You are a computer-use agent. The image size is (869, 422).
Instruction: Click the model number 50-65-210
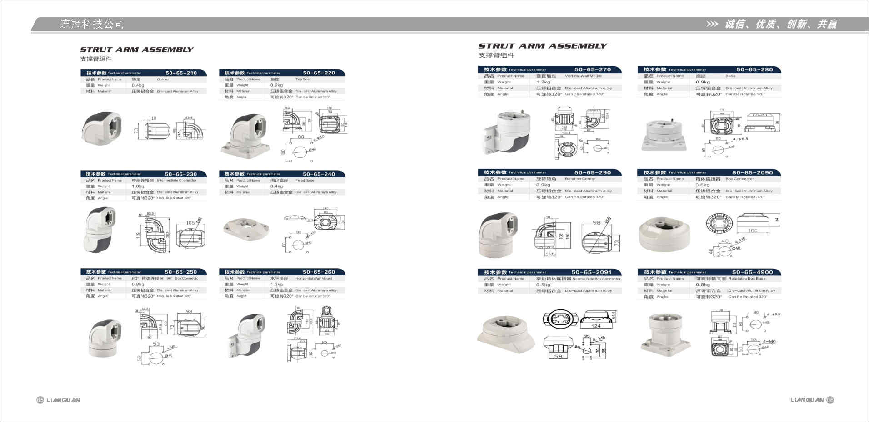point(181,73)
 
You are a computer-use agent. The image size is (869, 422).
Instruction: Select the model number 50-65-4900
point(752,272)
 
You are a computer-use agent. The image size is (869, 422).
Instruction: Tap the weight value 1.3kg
point(276,284)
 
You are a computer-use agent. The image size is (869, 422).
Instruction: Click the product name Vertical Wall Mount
point(583,76)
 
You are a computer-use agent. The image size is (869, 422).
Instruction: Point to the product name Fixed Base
point(305,180)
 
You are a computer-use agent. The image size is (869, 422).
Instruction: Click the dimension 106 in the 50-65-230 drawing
point(190,223)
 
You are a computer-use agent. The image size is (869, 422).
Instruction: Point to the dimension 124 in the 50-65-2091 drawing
point(596,326)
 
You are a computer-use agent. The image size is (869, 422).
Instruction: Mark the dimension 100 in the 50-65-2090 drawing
point(753,231)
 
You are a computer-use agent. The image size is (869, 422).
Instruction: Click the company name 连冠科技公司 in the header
point(92,24)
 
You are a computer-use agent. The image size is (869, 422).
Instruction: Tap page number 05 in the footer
point(40,400)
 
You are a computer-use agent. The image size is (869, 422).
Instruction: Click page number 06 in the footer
point(830,400)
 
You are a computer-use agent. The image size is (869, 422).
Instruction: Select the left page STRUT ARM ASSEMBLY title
point(137,49)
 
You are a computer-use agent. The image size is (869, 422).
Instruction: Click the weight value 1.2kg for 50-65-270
point(543,82)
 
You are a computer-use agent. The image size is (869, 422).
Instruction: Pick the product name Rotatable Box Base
point(747,279)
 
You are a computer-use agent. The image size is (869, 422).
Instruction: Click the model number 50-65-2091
point(591,272)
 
